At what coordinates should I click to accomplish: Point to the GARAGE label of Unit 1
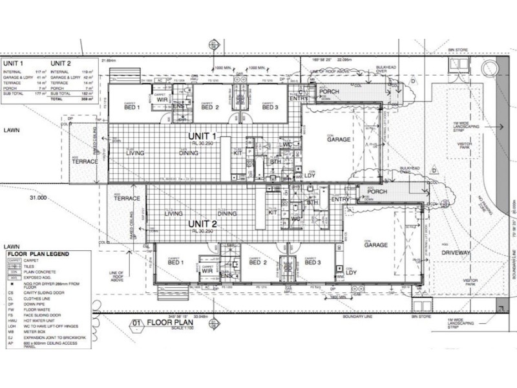point(339,140)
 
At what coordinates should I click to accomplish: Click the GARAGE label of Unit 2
point(375,246)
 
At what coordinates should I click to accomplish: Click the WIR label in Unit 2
point(189,271)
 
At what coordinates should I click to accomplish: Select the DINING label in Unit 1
point(189,153)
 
